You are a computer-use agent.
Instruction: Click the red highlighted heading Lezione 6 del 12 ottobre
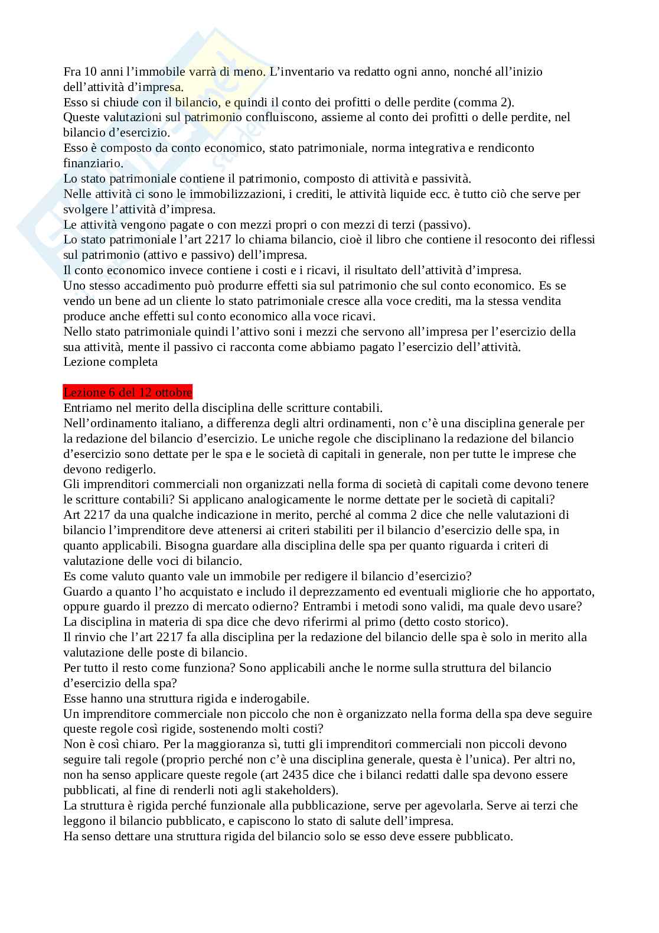(128, 393)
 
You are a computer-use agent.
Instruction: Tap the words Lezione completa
(110, 362)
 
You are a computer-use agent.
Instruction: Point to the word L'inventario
(301, 71)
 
